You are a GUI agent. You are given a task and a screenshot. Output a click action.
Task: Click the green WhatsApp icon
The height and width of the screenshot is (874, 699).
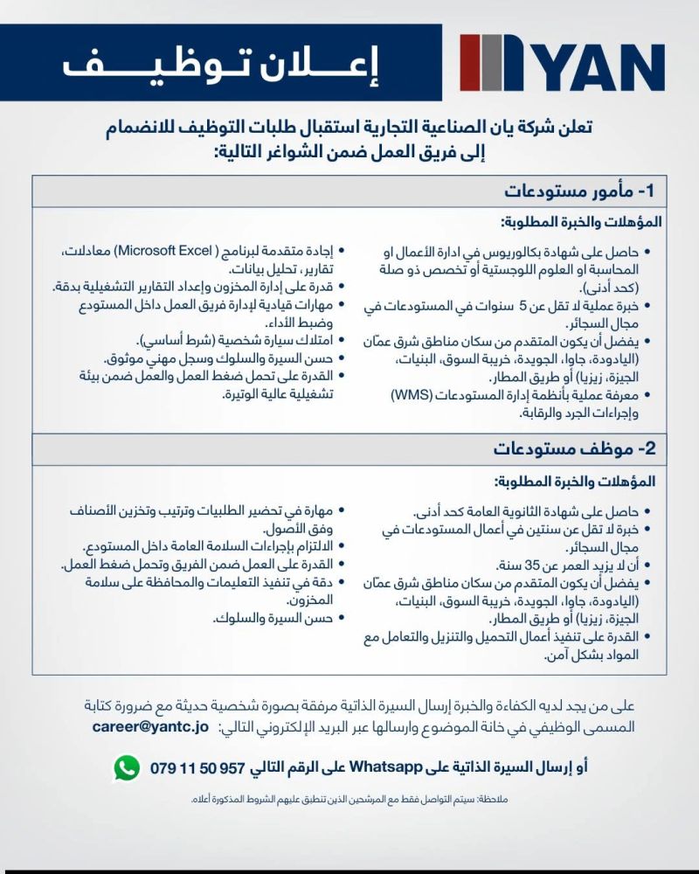click(x=127, y=768)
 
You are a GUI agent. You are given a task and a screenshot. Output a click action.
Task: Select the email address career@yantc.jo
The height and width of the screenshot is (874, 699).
click(x=149, y=726)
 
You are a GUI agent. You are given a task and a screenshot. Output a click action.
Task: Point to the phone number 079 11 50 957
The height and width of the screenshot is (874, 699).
click(x=199, y=769)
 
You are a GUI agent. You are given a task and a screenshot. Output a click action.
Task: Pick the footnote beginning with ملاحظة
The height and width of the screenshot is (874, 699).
click(x=349, y=799)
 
